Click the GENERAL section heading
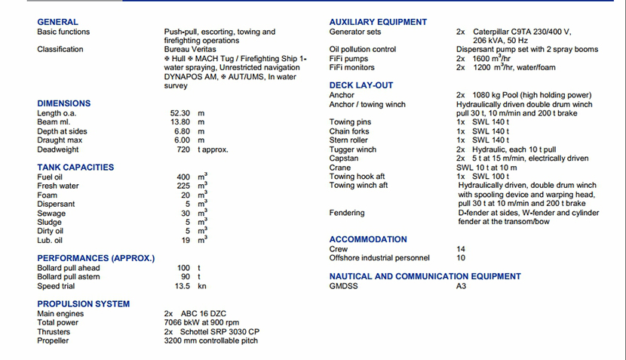57,23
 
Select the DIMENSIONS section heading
63,103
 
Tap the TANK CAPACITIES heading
75,168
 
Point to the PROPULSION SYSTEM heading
83,304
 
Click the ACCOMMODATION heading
368,239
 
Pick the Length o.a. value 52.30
180,113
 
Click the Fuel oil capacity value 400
183,177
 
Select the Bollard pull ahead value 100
183,268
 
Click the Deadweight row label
58,149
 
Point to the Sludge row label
49,222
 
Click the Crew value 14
461,249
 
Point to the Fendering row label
347,213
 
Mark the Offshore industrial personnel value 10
461,258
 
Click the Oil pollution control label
363,50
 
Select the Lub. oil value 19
186,240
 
